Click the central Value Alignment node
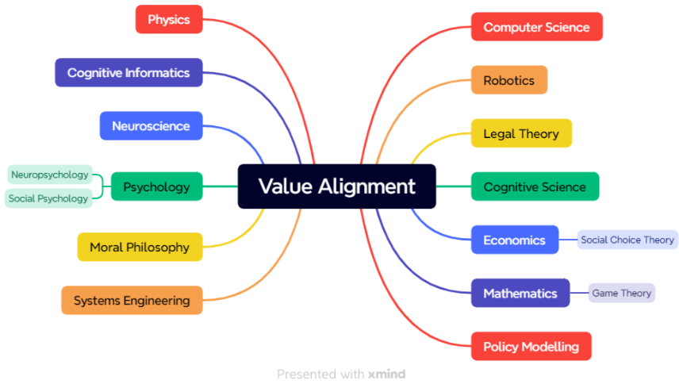click(336, 186)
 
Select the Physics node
click(169, 19)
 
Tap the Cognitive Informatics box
click(129, 72)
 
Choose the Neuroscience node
click(151, 125)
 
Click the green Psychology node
click(156, 187)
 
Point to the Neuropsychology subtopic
click(49, 175)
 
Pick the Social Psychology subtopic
click(48, 198)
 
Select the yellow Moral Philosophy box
click(140, 247)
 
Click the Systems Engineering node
click(132, 301)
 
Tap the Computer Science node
click(536, 27)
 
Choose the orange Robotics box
click(508, 80)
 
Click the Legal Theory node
click(521, 133)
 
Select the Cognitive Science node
click(535, 187)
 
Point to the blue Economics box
click(514, 240)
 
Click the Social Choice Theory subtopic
click(627, 240)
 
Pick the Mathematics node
click(520, 294)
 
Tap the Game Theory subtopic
click(622, 293)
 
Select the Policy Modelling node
click(531, 347)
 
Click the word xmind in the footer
click(386, 374)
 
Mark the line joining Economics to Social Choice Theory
click(568, 240)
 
